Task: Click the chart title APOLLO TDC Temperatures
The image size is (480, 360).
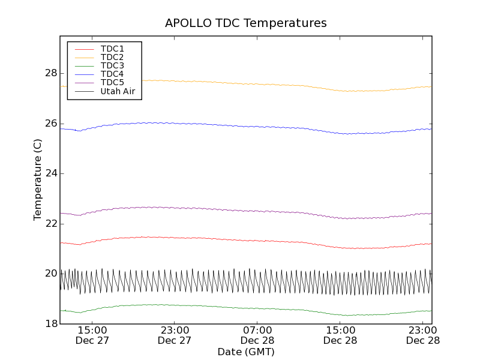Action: [246, 23]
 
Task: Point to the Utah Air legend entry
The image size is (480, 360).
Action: [118, 91]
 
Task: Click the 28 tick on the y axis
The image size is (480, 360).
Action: [50, 73]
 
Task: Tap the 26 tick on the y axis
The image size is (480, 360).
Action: [50, 124]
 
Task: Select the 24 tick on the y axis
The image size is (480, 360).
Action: [50, 173]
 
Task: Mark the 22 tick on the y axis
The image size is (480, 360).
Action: [50, 223]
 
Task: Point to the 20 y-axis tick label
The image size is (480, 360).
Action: [50, 274]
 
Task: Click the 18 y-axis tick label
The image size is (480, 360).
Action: [50, 323]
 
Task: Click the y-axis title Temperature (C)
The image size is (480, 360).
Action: [37, 179]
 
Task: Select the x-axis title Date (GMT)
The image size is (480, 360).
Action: [246, 352]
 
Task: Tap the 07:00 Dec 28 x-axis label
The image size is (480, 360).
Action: [257, 335]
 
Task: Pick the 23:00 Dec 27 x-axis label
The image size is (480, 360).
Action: [175, 335]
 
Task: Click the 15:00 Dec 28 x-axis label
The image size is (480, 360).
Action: [340, 335]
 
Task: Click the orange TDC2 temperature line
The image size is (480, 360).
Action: [240, 83]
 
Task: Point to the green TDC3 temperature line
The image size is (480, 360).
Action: [240, 307]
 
